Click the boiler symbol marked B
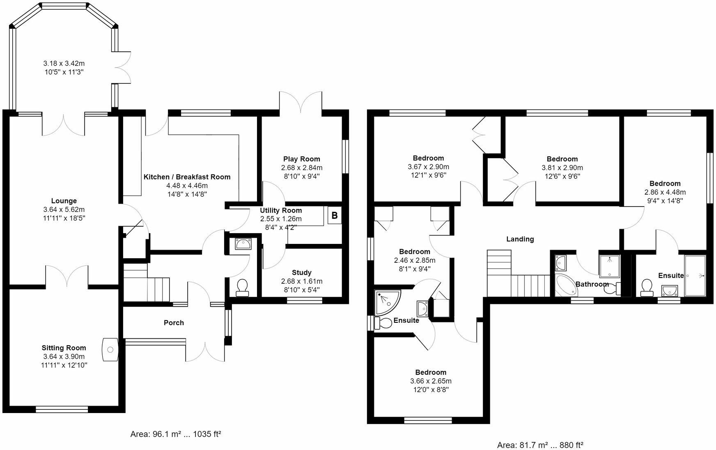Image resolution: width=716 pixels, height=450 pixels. point(335,215)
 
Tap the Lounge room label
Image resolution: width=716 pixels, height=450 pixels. point(64,201)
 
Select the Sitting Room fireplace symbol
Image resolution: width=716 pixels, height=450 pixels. point(110,349)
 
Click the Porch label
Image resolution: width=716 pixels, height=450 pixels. point(174,323)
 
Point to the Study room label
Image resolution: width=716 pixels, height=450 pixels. point(302,273)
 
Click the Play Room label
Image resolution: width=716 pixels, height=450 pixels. point(302,159)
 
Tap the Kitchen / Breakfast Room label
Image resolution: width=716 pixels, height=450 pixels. point(187,177)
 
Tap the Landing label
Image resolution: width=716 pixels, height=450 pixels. point(520,239)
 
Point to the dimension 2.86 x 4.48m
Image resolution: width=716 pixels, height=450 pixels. point(665,192)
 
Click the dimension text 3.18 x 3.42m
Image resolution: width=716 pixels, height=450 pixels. point(64,64)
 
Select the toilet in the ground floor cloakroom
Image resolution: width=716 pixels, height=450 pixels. point(243,287)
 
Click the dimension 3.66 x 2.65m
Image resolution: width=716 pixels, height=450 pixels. point(431,381)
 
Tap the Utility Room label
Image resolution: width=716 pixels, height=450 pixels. point(281,210)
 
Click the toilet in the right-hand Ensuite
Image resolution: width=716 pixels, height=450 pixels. point(647,287)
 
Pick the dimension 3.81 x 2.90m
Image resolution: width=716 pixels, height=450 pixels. point(562,168)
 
